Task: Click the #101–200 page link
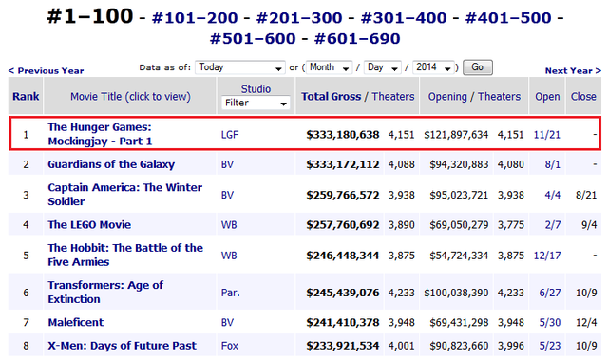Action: (195, 18)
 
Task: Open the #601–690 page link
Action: (357, 38)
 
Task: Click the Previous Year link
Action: (47, 70)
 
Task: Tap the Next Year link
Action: (573, 70)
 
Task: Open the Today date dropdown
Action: (240, 67)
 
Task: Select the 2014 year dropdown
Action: (433, 67)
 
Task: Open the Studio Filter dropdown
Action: (256, 104)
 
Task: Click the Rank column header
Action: (26, 97)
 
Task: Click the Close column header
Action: (583, 97)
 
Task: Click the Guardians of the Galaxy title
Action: (111, 164)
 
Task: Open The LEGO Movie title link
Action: (89, 225)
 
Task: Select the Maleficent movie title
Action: (76, 322)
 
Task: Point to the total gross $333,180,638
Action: (343, 135)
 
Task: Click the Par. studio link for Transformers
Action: (230, 293)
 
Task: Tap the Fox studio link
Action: (230, 346)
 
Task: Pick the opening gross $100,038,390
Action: (456, 293)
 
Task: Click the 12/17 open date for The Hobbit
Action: (547, 256)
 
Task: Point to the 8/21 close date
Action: (586, 195)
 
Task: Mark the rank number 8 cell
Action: (26, 346)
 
